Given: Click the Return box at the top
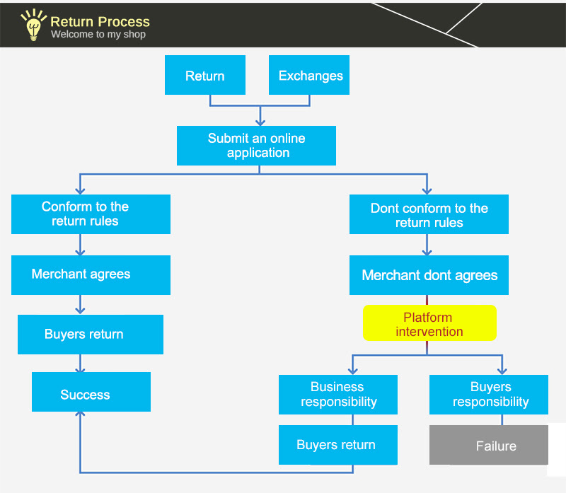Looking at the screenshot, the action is pyautogui.click(x=205, y=75).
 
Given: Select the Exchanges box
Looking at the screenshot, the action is pyautogui.click(x=309, y=75).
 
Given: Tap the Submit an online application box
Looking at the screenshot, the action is pyautogui.click(x=256, y=146).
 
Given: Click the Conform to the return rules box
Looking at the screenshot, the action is pyautogui.click(x=91, y=214).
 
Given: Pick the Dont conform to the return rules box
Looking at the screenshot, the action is pyautogui.click(x=429, y=214).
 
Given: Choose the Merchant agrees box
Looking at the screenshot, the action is pyautogui.click(x=91, y=275).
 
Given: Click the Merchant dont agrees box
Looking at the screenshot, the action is pyautogui.click(x=429, y=275).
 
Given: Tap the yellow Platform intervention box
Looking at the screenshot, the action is pyautogui.click(x=429, y=323).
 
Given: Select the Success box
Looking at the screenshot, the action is pyautogui.click(x=91, y=392).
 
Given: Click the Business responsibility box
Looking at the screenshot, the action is pyautogui.click(x=338, y=395).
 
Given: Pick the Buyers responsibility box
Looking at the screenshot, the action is pyautogui.click(x=489, y=395).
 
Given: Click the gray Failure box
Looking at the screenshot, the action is pyautogui.click(x=489, y=445).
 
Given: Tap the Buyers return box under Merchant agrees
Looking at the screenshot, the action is pyautogui.click(x=91, y=335).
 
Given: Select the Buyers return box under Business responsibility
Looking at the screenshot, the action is pyautogui.click(x=338, y=445).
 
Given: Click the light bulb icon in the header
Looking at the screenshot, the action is pyautogui.click(x=33, y=25).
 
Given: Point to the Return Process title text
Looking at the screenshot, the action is pyautogui.click(x=100, y=22).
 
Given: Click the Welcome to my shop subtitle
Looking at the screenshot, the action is pyautogui.click(x=98, y=34).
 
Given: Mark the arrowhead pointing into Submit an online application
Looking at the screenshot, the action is pyautogui.click(x=260, y=122).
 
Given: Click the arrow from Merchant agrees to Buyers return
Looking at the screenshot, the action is pyautogui.click(x=80, y=305).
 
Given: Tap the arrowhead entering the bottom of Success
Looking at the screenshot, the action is pyautogui.click(x=80, y=414).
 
